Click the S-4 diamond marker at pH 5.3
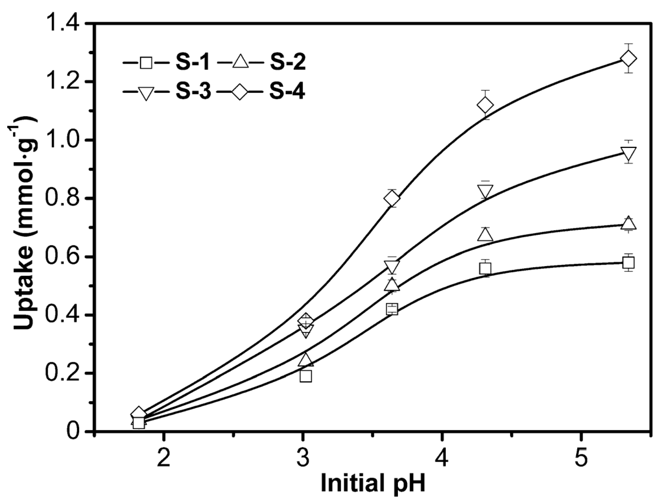629,59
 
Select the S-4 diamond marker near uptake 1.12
485,105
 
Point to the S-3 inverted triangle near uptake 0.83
485,191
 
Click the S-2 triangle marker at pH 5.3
629,223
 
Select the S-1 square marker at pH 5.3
629,263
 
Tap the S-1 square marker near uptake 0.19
306,376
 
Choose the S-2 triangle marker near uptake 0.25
306,359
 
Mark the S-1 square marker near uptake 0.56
485,269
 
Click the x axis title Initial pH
373,483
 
